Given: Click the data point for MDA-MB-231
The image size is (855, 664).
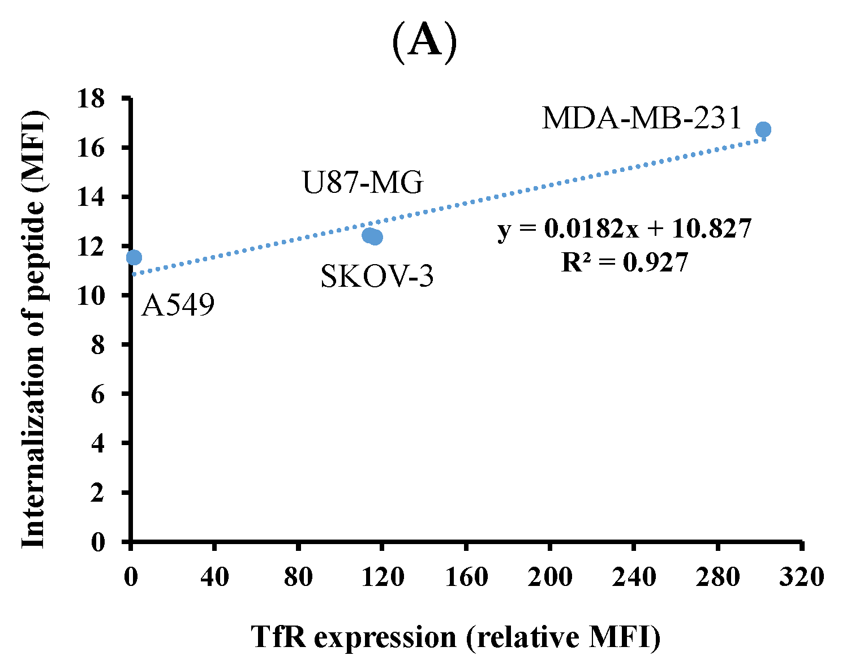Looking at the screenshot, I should pyautogui.click(x=763, y=130).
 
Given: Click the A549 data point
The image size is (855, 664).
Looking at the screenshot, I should pyautogui.click(x=134, y=257).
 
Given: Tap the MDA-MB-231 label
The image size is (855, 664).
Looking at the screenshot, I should pyautogui.click(x=642, y=119).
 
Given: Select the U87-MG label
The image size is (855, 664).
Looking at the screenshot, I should pyautogui.click(x=363, y=183).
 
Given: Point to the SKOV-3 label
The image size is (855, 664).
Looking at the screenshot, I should pyautogui.click(x=377, y=277).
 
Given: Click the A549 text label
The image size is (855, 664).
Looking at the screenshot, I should pyautogui.click(x=178, y=306).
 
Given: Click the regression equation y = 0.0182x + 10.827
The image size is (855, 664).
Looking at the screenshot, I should pyautogui.click(x=625, y=229).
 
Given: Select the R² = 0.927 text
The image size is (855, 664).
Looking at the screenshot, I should pyautogui.click(x=625, y=262).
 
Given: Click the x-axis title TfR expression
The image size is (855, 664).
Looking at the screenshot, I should pyautogui.click(x=456, y=637).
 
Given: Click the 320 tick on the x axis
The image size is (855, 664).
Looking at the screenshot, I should pyautogui.click(x=801, y=577).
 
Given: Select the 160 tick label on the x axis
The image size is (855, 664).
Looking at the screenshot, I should pyautogui.click(x=466, y=577).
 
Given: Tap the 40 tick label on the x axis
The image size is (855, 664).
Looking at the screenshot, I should pyautogui.click(x=214, y=577).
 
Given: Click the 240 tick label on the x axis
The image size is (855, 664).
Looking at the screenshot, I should pyautogui.click(x=633, y=577).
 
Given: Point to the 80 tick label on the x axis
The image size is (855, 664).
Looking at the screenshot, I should pyautogui.click(x=298, y=577).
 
